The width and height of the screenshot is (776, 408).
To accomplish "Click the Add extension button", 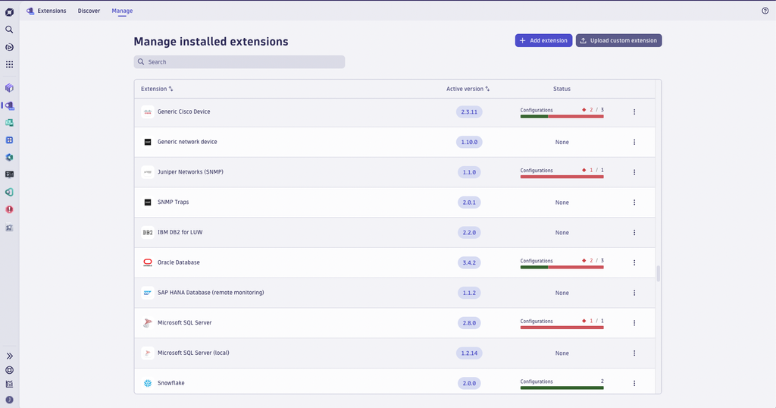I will pyautogui.click(x=543, y=40).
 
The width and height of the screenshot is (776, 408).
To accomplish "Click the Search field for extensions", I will pyautogui.click(x=239, y=62).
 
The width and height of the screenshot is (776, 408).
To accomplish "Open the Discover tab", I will pyautogui.click(x=89, y=11).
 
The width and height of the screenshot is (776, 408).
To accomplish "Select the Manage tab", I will pyautogui.click(x=122, y=11).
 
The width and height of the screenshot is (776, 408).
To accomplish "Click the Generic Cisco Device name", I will pyautogui.click(x=183, y=111).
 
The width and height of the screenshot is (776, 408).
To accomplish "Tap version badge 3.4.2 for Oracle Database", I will pyautogui.click(x=469, y=262).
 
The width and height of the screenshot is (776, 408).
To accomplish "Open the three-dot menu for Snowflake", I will pyautogui.click(x=634, y=383).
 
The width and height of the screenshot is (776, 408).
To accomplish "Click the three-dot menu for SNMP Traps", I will pyautogui.click(x=634, y=202).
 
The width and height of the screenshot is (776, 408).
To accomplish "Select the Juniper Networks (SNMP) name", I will pyautogui.click(x=190, y=172).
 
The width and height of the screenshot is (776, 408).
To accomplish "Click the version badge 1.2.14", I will pyautogui.click(x=469, y=353).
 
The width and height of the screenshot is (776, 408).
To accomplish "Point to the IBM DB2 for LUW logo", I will pyautogui.click(x=148, y=233).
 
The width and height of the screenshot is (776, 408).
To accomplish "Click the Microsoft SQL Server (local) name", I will pyautogui.click(x=193, y=353).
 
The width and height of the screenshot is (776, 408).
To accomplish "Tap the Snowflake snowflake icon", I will pyautogui.click(x=148, y=383).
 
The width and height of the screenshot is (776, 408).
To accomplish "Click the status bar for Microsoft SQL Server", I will pyautogui.click(x=562, y=328).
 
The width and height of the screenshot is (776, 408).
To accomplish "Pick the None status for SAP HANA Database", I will pyautogui.click(x=562, y=293).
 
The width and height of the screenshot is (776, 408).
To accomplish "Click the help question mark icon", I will pyautogui.click(x=765, y=11).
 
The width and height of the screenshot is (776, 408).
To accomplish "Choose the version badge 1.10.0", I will pyautogui.click(x=469, y=142).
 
